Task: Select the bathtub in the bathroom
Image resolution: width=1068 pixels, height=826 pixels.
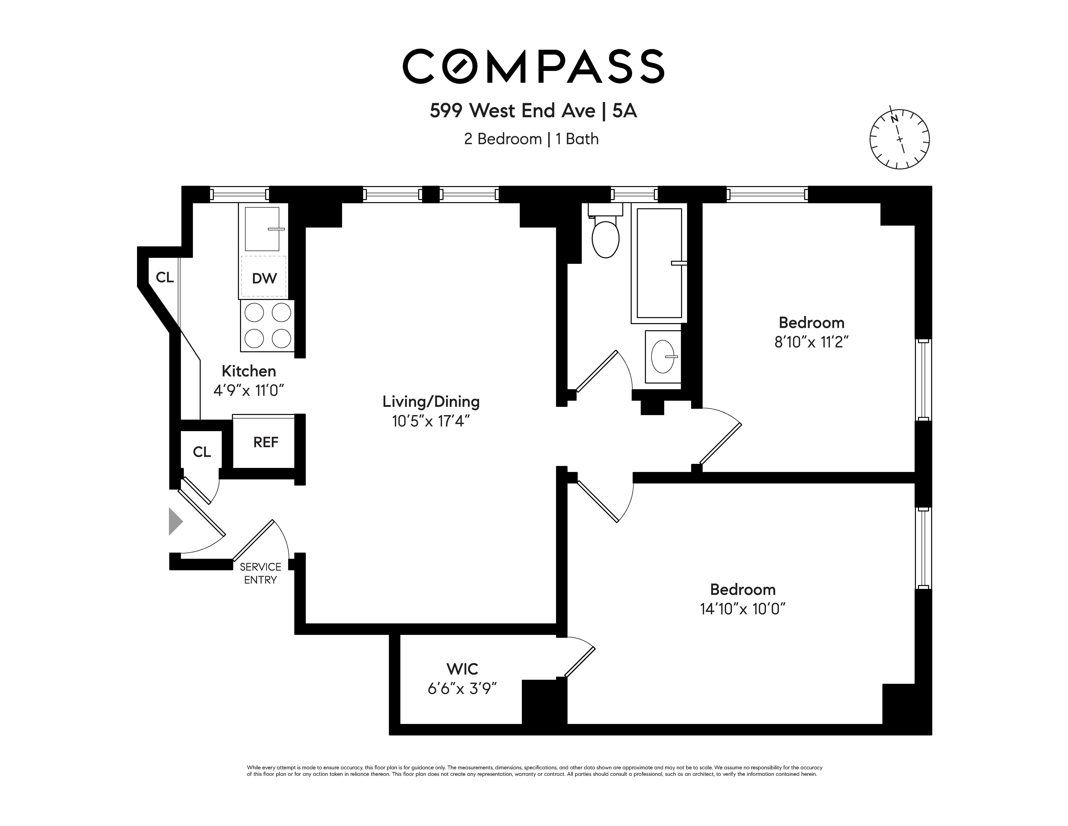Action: coord(659,263)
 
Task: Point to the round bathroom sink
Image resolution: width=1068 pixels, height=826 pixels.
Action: coord(663,356)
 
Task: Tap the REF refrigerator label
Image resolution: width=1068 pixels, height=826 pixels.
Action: coord(265,442)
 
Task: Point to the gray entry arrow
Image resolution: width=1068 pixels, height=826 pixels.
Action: coord(175,521)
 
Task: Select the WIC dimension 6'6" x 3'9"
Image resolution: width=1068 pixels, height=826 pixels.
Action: coord(462,689)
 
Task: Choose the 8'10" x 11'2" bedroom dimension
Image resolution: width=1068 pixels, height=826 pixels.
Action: coord(811,342)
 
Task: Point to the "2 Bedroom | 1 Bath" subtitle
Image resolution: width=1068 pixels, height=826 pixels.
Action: coord(531,139)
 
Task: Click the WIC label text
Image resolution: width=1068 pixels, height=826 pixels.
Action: coord(462,669)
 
